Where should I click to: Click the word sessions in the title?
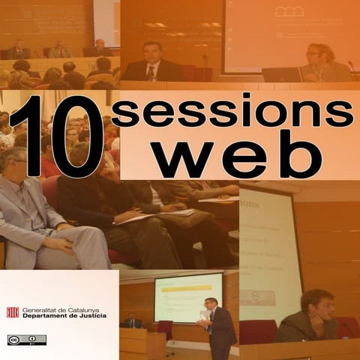(x=232, y=112)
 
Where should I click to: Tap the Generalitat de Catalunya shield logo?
(x=13, y=312)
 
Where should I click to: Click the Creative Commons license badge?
(x=26, y=340)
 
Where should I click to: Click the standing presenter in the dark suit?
(x=219, y=327)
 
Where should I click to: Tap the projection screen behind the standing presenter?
(x=187, y=296)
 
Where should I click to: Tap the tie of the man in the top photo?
(x=152, y=73)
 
